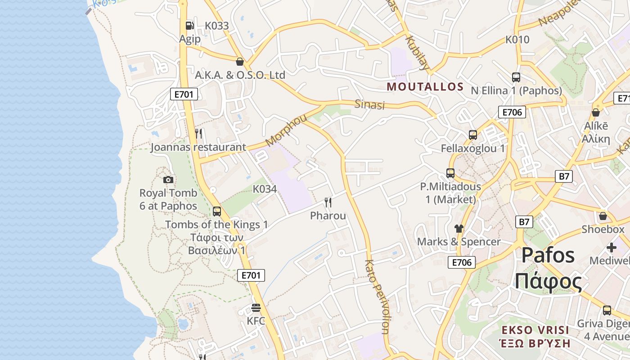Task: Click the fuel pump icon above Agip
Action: pos(190,26)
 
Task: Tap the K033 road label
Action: pos(217,26)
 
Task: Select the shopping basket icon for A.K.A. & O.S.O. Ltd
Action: pos(240,62)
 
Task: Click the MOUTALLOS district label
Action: pos(425,87)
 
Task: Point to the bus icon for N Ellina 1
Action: pos(516,77)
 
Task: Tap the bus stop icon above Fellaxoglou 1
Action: pos(473,135)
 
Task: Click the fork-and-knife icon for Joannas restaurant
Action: pos(198,134)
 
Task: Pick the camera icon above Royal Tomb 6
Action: pos(168,180)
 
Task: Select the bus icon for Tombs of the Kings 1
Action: pos(217,211)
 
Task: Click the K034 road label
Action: pos(265,189)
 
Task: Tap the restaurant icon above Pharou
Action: pos(328,202)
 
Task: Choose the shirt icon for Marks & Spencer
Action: pos(459,229)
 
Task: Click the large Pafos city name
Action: pos(548,255)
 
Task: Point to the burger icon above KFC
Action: pos(256,308)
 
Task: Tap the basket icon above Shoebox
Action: pos(603,216)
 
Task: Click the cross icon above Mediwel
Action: pos(612,247)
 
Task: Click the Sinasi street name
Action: pos(370,105)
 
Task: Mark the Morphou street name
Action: pos(286,130)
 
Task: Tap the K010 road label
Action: pos(517,40)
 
